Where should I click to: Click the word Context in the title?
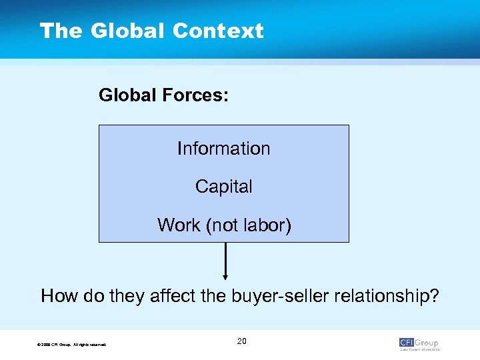tap(218, 31)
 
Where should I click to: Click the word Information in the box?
tap(224, 148)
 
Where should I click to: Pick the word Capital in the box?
tap(224, 187)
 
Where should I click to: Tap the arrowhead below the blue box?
tap(225, 276)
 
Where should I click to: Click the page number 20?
tap(241, 341)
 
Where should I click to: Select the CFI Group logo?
tap(419, 343)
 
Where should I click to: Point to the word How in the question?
tap(57, 295)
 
